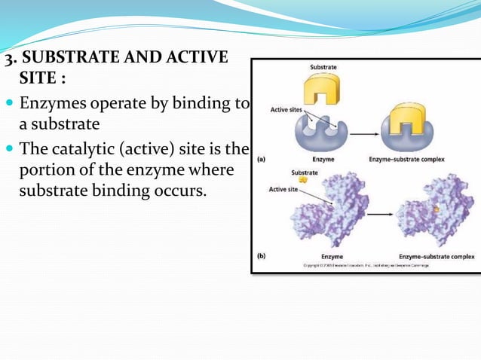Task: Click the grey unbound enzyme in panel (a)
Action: [x=323, y=134]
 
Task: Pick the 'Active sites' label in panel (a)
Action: [x=286, y=110]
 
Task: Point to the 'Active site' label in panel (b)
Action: [x=283, y=189]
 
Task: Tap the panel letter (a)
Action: [x=262, y=159]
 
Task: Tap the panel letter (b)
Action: [x=262, y=256]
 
